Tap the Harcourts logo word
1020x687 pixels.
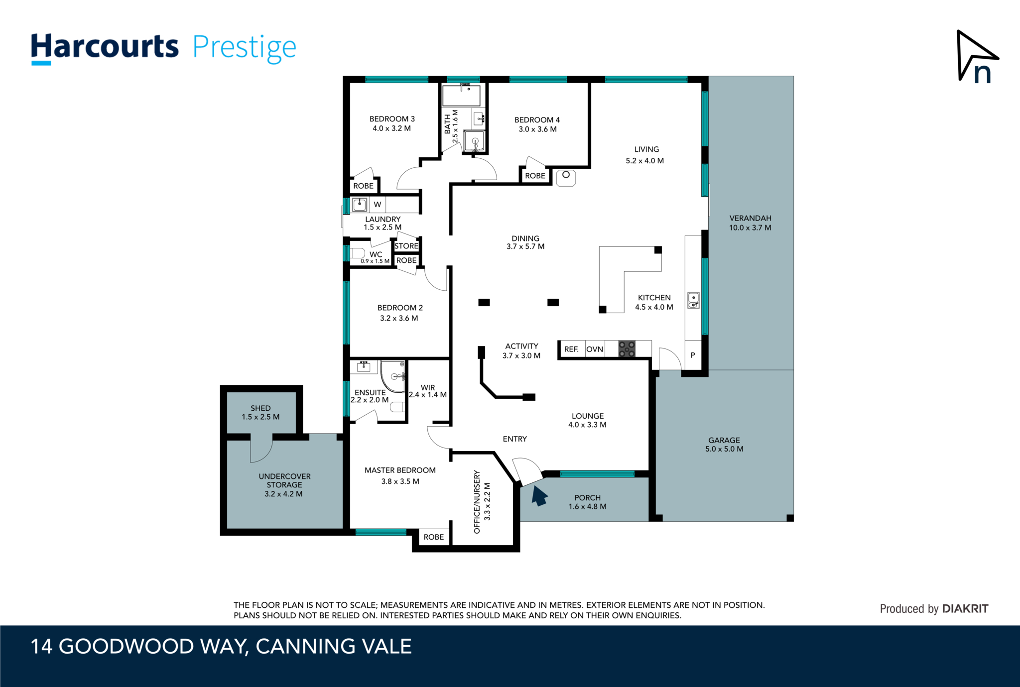pos(105,47)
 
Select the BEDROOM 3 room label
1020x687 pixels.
pos(392,119)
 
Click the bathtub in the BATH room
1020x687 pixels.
pos(462,96)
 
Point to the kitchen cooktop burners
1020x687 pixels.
pos(627,348)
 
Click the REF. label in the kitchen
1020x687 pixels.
pos(571,349)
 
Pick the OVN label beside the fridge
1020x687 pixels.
pos(595,349)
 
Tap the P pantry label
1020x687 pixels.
pos(693,355)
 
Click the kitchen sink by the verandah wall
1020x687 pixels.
pos(693,300)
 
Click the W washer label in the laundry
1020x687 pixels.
pos(378,205)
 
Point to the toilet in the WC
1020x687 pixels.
pos(357,253)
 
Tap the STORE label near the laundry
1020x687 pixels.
pos(406,246)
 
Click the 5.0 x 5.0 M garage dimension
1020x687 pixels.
pos(724,449)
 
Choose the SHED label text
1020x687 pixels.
pos(260,408)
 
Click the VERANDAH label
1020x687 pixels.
pos(750,219)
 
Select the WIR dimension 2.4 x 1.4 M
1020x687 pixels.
pos(428,395)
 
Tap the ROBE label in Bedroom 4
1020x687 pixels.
pos(535,176)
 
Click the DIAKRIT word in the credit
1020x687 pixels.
pos(965,608)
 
